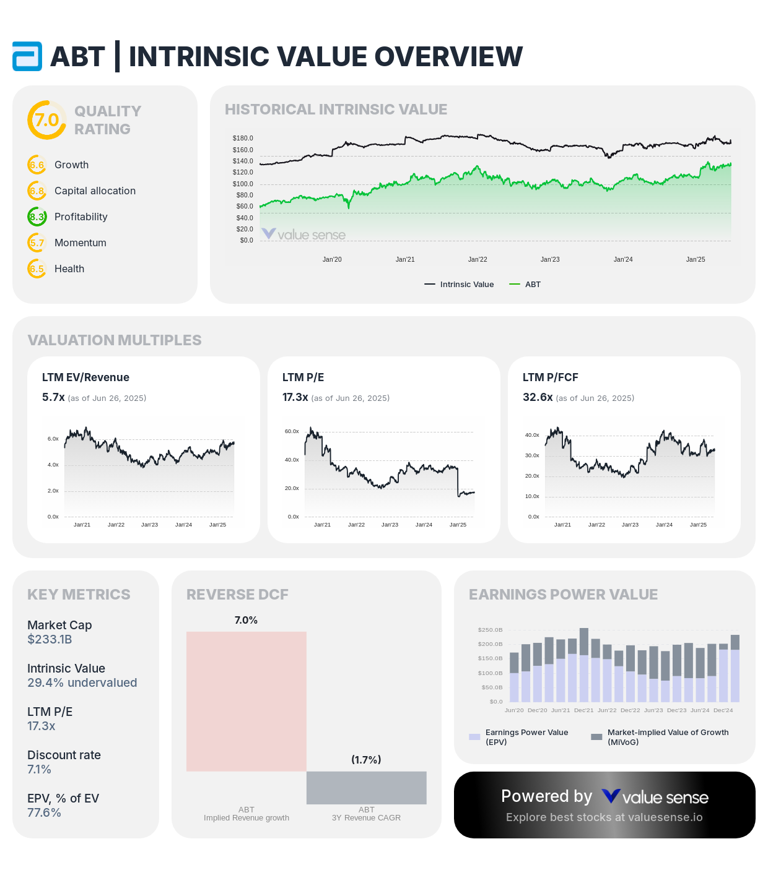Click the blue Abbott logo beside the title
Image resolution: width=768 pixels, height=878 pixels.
click(x=27, y=56)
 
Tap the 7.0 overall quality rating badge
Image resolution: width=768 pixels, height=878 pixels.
click(x=46, y=120)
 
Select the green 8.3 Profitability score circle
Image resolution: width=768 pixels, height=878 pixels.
click(x=37, y=217)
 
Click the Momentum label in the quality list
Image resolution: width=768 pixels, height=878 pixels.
click(x=81, y=243)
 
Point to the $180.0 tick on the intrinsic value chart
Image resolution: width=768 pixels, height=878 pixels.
click(x=243, y=138)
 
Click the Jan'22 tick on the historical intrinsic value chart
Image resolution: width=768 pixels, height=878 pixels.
click(x=478, y=259)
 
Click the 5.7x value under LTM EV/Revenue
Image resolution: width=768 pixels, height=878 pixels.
click(x=53, y=397)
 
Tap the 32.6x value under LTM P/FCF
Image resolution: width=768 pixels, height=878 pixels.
click(x=538, y=397)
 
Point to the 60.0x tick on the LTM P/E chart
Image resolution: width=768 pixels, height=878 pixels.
click(x=292, y=431)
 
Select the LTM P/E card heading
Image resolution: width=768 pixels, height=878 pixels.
click(x=303, y=377)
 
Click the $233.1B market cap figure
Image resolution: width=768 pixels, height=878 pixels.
click(x=50, y=640)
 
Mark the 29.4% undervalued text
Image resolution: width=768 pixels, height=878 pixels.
click(x=82, y=683)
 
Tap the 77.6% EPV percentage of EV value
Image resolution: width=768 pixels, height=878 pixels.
click(x=44, y=813)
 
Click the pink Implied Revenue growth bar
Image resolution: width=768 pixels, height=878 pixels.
click(x=247, y=701)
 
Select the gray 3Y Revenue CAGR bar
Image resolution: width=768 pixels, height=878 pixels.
click(x=367, y=788)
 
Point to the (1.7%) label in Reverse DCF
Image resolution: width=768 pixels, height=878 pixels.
click(x=366, y=760)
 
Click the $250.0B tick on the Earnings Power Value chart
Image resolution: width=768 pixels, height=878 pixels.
click(x=490, y=630)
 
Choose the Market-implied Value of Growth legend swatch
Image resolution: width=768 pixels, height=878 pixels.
click(x=596, y=737)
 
